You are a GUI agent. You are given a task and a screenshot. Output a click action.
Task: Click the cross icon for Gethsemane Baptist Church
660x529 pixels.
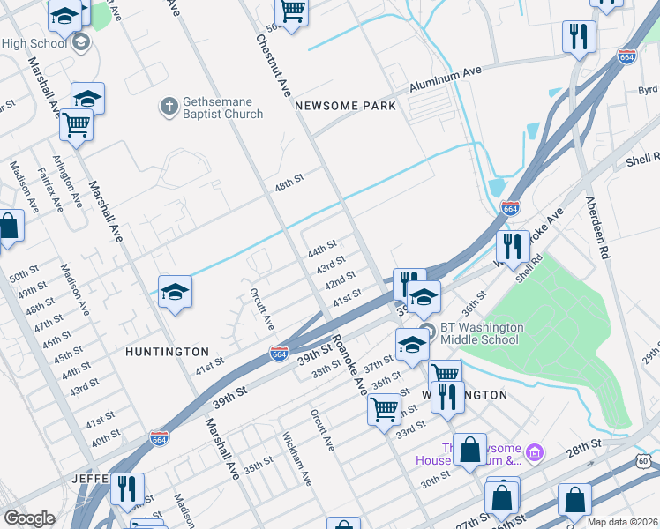tap(169, 107)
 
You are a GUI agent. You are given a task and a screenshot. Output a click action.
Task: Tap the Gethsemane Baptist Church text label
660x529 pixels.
tap(222, 108)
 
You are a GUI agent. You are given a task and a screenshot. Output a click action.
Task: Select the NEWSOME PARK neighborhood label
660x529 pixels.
tap(345, 106)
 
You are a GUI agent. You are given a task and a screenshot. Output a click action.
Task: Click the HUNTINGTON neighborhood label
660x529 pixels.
tap(167, 352)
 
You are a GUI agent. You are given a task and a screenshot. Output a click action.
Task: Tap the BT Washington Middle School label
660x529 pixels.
tap(482, 333)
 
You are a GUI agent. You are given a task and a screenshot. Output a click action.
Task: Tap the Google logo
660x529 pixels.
tap(29, 518)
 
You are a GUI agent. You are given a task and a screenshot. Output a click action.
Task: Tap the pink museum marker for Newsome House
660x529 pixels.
tap(534, 453)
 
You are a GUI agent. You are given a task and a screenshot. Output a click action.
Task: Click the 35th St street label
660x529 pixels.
tap(259, 465)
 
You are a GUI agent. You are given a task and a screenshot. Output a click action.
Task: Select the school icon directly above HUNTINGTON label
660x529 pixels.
tap(175, 293)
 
